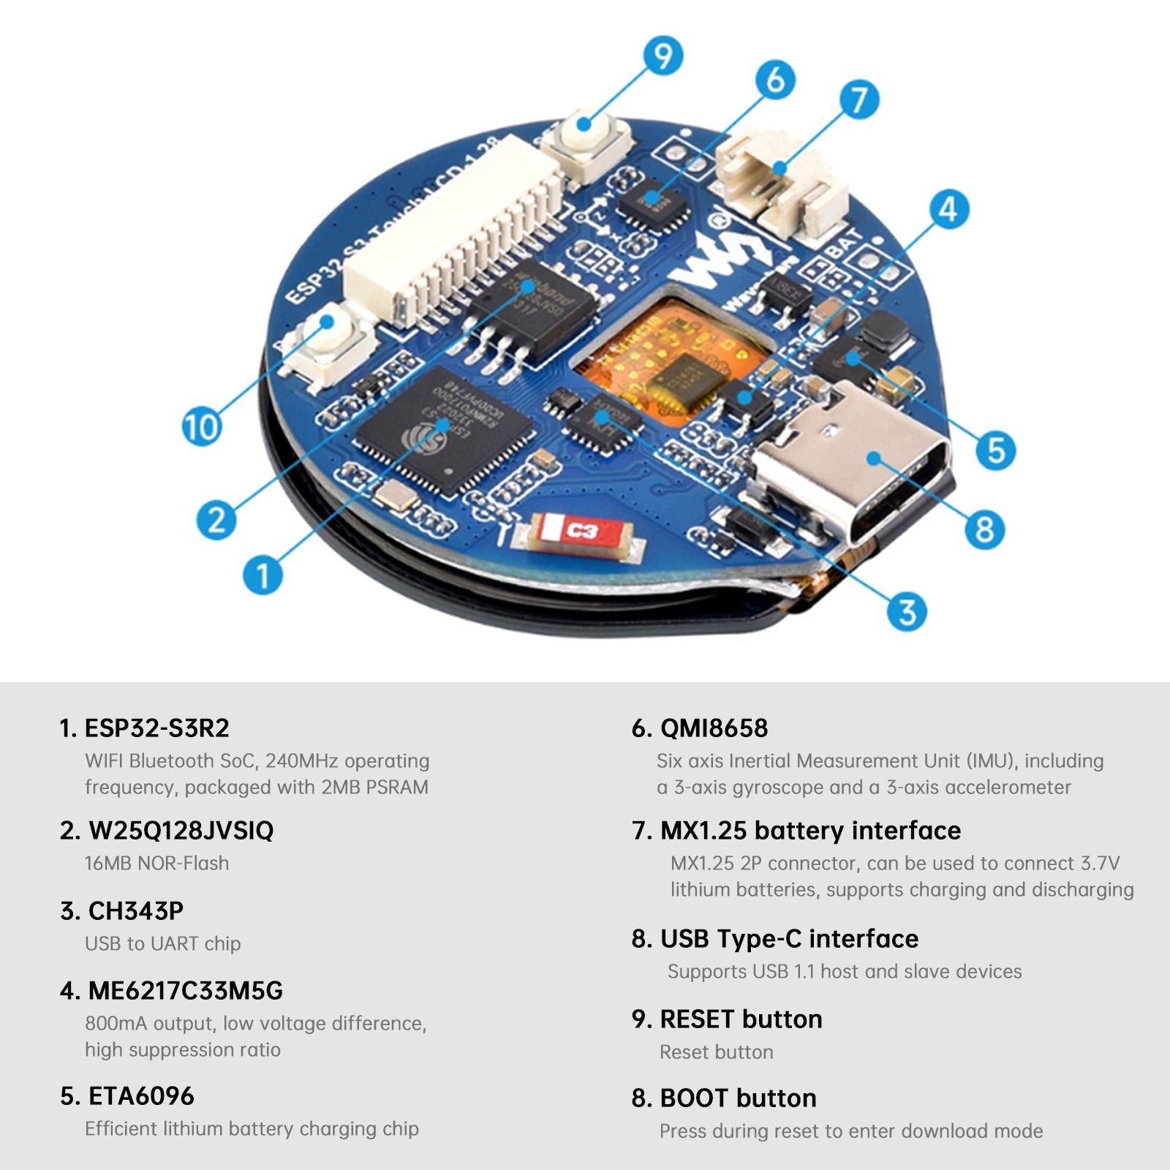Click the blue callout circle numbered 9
click(x=663, y=56)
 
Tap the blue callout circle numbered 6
click(x=775, y=80)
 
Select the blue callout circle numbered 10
click(x=201, y=427)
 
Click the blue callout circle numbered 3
click(x=906, y=611)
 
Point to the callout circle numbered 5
click(x=995, y=450)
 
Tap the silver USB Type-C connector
click(x=852, y=468)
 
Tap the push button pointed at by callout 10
click(x=325, y=344)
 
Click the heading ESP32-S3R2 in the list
click(x=156, y=728)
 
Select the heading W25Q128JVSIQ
click(x=181, y=831)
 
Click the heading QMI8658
click(x=714, y=728)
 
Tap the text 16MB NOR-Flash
click(x=156, y=864)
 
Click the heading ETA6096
click(x=141, y=1096)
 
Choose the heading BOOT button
click(x=737, y=1098)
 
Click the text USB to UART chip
click(x=162, y=944)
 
